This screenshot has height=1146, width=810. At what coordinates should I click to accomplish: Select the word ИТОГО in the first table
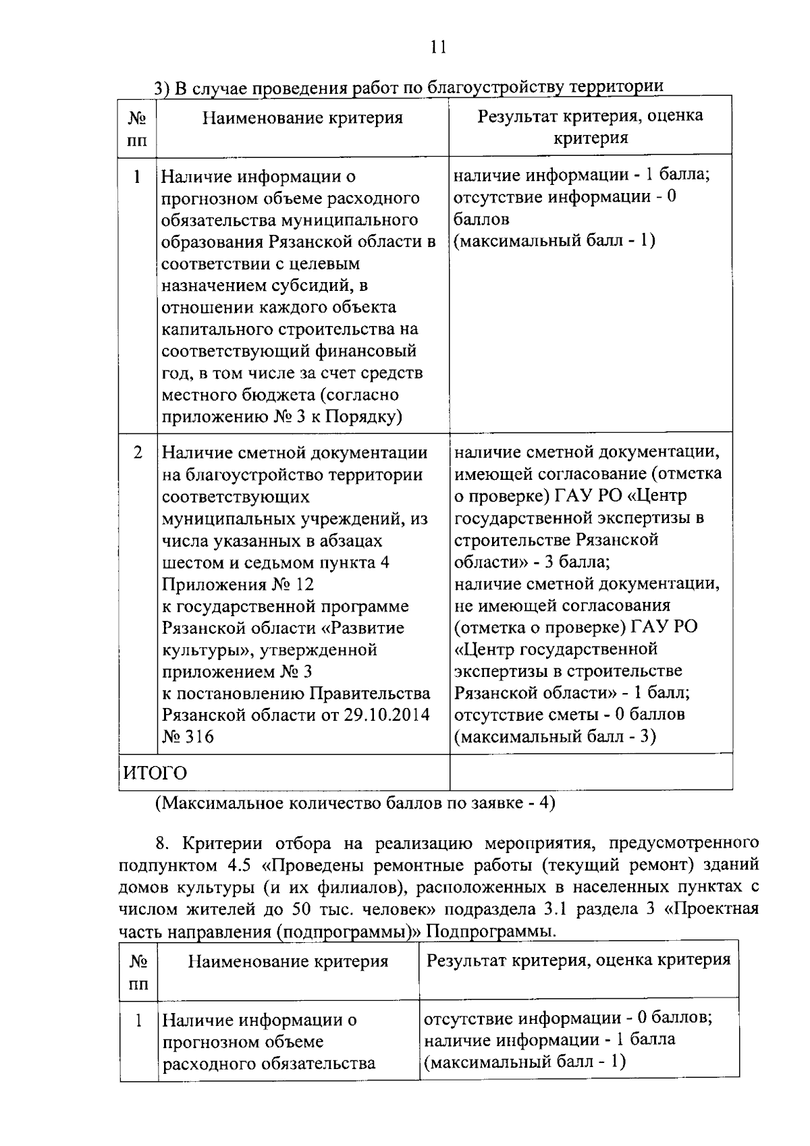[154, 773]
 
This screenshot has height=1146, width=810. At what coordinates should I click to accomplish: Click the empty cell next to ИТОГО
[591, 772]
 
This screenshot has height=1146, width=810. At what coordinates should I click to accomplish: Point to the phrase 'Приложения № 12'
[238, 584]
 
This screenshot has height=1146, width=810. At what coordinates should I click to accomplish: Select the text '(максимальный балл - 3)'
[555, 736]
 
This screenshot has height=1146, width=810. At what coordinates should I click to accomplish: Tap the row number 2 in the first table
[138, 453]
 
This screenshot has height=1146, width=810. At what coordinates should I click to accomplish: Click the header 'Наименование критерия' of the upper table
[302, 118]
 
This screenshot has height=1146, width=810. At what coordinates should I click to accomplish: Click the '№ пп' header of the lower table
[138, 972]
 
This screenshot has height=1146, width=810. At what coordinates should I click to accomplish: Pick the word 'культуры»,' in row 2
[201, 650]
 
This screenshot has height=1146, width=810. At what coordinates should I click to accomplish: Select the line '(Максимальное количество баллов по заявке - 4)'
[354, 804]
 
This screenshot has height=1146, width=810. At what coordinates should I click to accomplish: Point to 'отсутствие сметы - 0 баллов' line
[570, 714]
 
